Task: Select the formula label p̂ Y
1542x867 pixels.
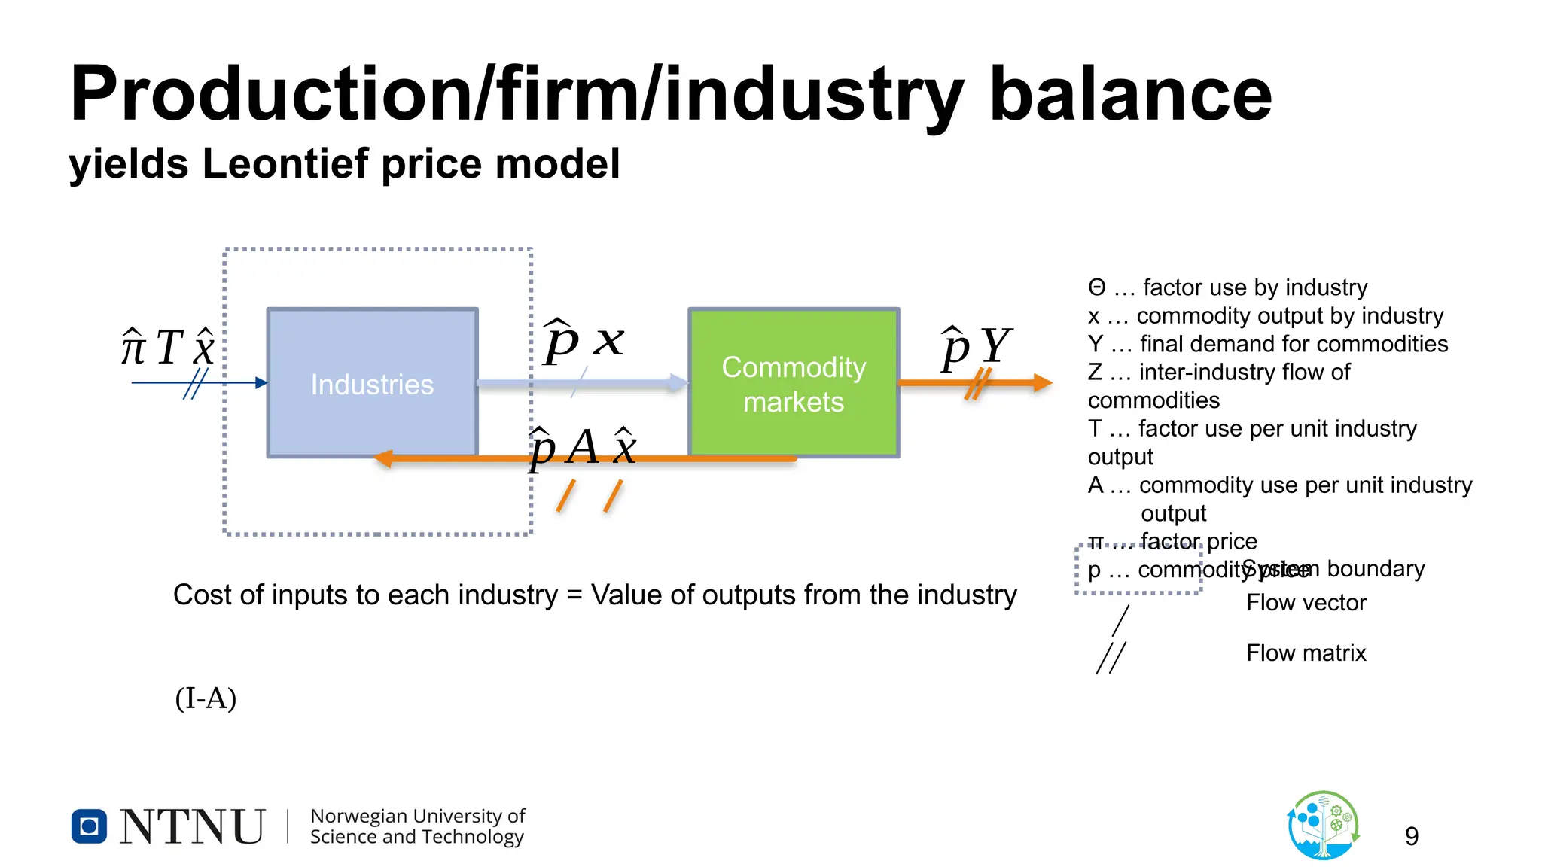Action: (x=976, y=348)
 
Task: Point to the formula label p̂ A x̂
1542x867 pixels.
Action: (x=583, y=448)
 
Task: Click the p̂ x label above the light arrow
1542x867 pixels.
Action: (x=584, y=342)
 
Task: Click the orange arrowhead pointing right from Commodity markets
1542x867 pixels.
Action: (x=1042, y=383)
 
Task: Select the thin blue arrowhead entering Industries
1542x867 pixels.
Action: (x=261, y=383)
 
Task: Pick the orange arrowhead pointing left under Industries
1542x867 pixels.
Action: (x=383, y=458)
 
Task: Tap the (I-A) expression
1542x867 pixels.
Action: (x=206, y=698)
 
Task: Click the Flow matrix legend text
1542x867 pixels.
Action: (x=1306, y=653)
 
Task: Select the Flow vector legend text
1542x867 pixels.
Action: (x=1306, y=603)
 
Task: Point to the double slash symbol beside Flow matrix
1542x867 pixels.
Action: (x=1111, y=657)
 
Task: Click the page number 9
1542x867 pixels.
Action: (x=1411, y=836)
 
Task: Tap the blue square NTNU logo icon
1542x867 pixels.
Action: (x=89, y=826)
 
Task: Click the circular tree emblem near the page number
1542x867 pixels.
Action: (x=1323, y=826)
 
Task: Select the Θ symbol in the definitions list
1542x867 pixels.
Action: (x=1096, y=288)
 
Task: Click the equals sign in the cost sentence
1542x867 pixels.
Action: (x=574, y=595)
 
